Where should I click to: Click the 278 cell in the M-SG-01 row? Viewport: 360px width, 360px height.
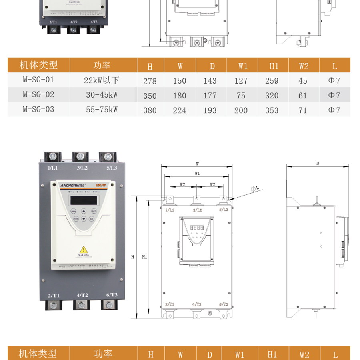[x=150, y=81]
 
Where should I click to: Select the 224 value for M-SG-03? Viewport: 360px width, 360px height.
[x=180, y=110]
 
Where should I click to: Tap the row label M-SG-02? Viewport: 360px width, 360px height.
[x=38, y=95]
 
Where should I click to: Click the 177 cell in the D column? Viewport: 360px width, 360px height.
[x=210, y=96]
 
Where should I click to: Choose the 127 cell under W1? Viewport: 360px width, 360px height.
[x=241, y=81]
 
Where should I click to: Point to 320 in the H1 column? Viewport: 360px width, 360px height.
[x=272, y=96]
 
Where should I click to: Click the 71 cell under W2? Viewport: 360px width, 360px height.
[x=303, y=110]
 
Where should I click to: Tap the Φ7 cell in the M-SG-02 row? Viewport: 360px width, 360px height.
[x=334, y=96]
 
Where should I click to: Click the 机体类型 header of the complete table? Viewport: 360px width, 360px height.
[x=39, y=65]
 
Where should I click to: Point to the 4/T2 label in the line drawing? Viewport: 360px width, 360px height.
[x=197, y=305]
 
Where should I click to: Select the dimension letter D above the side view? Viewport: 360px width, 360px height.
[x=317, y=164]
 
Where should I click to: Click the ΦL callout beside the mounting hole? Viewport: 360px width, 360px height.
[x=255, y=188]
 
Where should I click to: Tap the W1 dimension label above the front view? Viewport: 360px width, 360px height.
[x=197, y=173]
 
